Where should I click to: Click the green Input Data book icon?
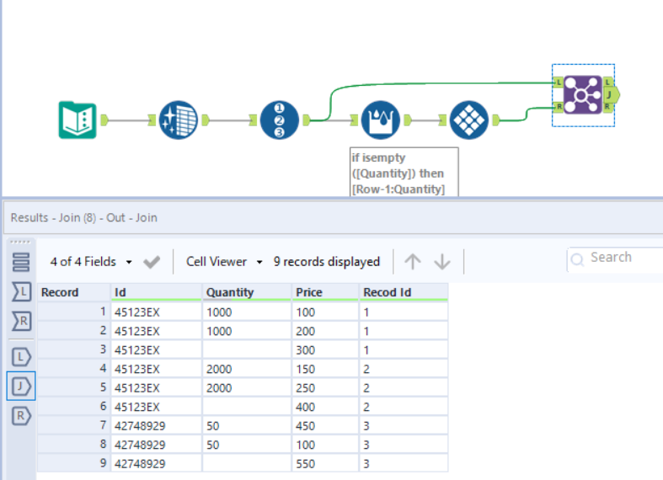(x=78, y=120)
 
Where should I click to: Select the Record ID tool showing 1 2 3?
(x=280, y=120)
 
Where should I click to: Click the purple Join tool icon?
(x=582, y=94)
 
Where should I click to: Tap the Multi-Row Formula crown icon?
(x=379, y=120)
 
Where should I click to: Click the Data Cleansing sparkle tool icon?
(x=178, y=120)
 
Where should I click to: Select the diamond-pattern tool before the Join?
(x=469, y=120)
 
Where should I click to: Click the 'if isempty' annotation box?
(x=404, y=172)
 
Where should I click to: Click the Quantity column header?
(x=230, y=292)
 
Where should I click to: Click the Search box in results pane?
(x=619, y=258)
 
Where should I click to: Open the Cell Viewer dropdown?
(x=224, y=262)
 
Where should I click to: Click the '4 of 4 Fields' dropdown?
(x=91, y=262)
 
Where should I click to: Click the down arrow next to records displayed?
(x=442, y=262)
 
